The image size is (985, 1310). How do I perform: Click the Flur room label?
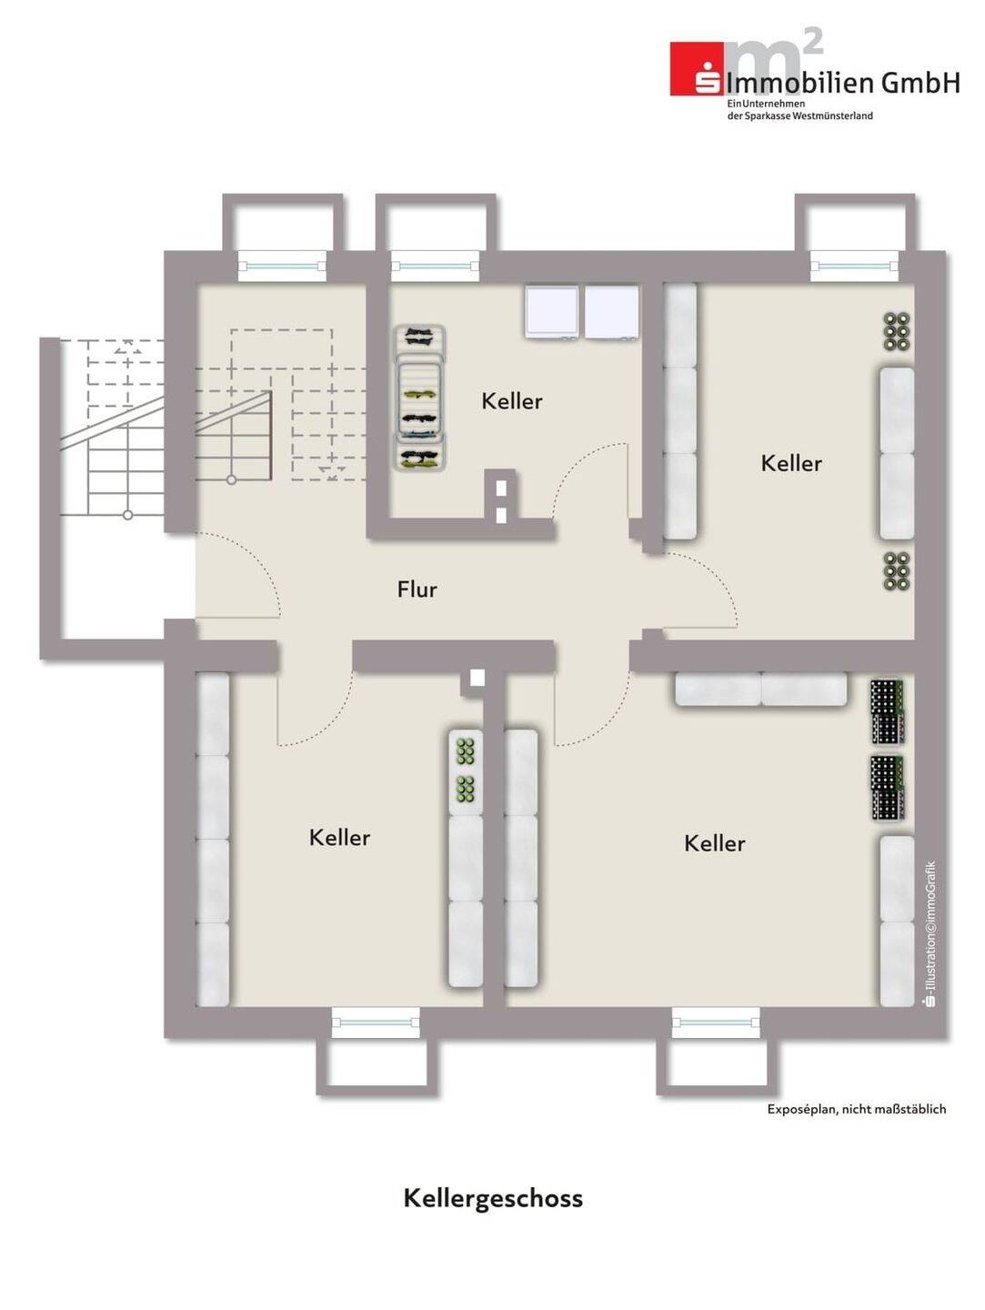point(417,589)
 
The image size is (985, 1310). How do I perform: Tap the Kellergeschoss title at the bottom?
point(493,1198)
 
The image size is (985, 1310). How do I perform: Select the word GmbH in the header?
point(920,83)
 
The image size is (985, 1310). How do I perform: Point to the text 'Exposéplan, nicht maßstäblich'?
point(857,1110)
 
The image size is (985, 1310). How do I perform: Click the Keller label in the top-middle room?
point(512,401)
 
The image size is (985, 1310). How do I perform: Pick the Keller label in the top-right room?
point(791,463)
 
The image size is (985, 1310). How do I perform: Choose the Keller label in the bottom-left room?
point(339,837)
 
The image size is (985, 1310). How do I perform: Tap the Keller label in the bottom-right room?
point(715,843)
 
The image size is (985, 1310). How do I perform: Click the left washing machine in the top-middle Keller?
point(552,313)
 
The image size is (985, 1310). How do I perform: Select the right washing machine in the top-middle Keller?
point(611,313)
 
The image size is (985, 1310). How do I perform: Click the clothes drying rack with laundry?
point(421,398)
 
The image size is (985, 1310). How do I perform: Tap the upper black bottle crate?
point(887,711)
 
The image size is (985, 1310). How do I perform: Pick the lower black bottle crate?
point(887,788)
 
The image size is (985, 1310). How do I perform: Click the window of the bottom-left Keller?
point(376,1023)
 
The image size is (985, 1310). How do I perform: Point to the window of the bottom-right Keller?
point(716,1023)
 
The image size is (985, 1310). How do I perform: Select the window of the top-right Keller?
point(854,267)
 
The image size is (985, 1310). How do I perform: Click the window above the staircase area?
point(282,267)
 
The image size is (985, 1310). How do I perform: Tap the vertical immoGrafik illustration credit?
point(929,935)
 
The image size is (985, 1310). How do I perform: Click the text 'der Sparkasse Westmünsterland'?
point(799,116)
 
